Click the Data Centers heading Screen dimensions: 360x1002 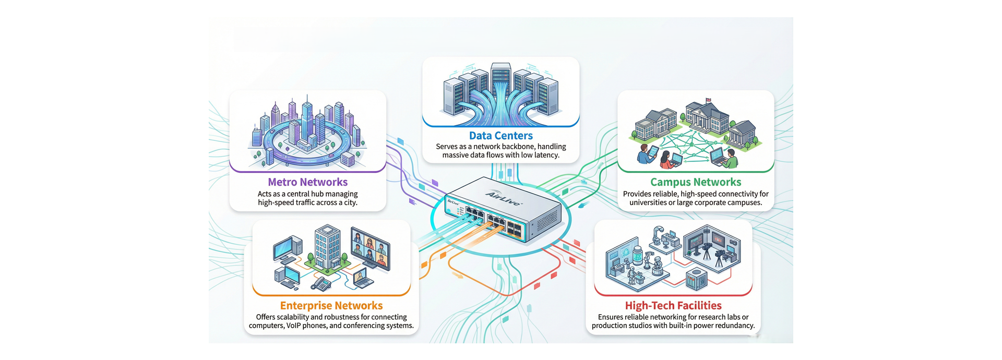[x=500, y=136]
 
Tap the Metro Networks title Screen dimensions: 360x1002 [x=307, y=182]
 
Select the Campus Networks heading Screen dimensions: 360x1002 [x=695, y=182]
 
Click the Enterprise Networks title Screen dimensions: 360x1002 [x=331, y=306]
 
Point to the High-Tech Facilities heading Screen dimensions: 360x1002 [x=673, y=306]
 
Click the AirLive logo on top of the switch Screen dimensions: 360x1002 [x=504, y=198]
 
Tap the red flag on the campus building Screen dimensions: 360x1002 [x=708, y=100]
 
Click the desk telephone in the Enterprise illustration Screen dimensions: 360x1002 [x=321, y=283]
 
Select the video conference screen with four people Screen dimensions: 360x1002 [x=370, y=247]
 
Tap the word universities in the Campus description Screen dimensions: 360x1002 [x=648, y=202]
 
